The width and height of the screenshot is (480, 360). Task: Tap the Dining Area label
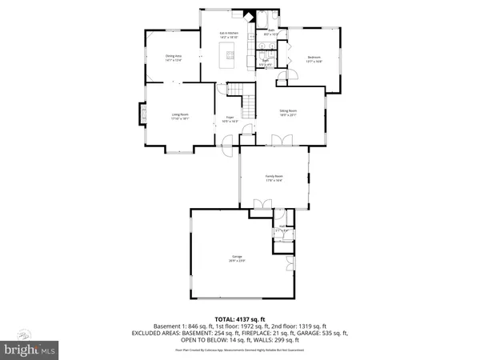(x=174, y=58)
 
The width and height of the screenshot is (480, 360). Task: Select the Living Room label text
(x=179, y=117)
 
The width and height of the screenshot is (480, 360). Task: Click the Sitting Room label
(x=287, y=114)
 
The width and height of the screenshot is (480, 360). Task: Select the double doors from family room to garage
(x=260, y=207)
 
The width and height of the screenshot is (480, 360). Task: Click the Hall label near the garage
(x=281, y=231)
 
